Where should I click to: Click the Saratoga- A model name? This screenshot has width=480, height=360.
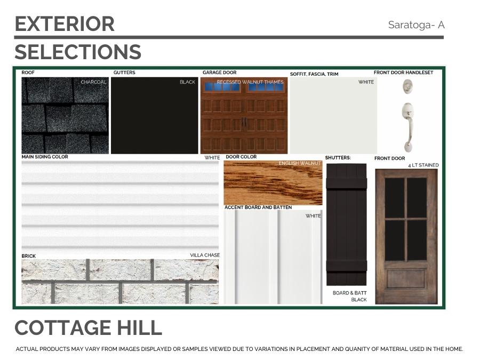[416, 25]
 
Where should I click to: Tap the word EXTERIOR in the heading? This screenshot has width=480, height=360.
[65, 24]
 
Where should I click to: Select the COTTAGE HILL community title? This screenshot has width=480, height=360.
[88, 327]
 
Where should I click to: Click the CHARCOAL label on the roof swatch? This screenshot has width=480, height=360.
[93, 82]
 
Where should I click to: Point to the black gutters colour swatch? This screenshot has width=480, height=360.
[154, 115]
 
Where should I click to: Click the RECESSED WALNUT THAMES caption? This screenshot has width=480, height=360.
[250, 82]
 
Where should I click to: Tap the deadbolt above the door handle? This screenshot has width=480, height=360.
[407, 86]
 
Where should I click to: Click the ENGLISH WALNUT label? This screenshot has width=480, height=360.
[300, 163]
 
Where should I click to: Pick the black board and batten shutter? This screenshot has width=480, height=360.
[346, 225]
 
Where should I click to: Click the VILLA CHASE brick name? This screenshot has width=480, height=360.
[205, 255]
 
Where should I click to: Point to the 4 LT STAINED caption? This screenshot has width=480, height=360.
[423, 165]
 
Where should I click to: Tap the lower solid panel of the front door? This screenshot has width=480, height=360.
[406, 278]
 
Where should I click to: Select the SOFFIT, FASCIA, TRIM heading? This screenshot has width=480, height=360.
[314, 74]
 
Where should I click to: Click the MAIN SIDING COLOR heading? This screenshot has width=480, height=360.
[45, 157]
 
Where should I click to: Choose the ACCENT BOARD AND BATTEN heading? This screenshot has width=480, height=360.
[258, 207]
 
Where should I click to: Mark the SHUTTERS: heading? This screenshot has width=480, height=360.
[338, 158]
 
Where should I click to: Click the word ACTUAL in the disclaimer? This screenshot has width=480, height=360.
[27, 349]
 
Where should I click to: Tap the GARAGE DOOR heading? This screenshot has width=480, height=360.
[220, 73]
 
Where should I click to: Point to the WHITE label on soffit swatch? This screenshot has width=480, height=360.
[366, 82]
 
